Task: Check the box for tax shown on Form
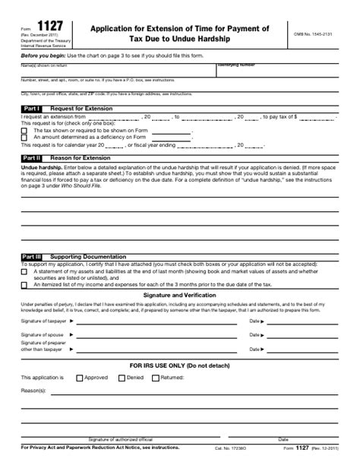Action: tap(24, 131)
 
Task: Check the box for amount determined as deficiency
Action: tap(24, 138)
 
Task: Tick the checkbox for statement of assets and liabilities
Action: tap(24, 271)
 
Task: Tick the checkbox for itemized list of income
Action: tap(24, 285)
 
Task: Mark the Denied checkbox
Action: tap(122, 377)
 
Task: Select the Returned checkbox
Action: tap(156, 377)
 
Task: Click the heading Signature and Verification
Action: tap(179, 294)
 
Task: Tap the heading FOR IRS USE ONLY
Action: tap(179, 365)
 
